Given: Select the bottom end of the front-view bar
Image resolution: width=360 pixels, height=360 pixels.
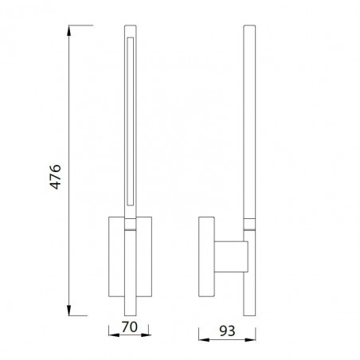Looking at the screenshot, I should [129, 314].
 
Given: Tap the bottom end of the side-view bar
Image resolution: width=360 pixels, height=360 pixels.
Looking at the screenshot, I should [248, 314].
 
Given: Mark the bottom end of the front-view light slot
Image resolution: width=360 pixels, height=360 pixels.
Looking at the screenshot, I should [129, 202].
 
